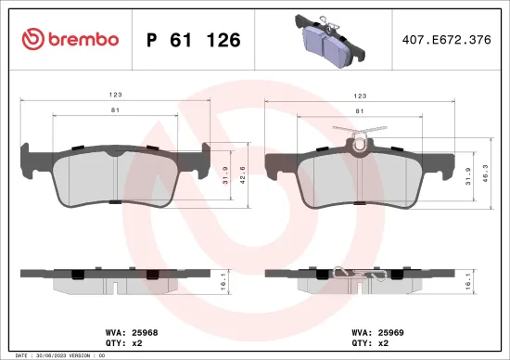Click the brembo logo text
tap(80, 40)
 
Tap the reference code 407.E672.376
tap(446, 40)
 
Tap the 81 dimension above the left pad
tap(117, 110)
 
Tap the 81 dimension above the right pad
tap(360, 110)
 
